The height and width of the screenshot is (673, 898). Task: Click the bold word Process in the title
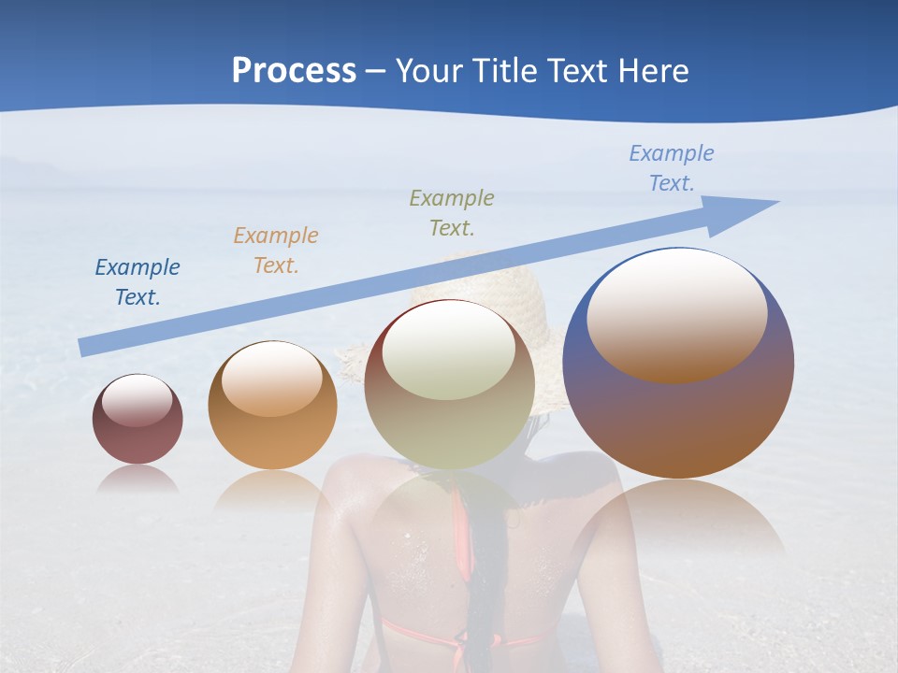pos(294,71)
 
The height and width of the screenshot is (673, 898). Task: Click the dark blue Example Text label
pos(138,282)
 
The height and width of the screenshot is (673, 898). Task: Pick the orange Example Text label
pos(276,250)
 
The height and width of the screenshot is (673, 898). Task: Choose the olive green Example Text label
pos(452,212)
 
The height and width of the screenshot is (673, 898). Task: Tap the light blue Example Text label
pos(672,168)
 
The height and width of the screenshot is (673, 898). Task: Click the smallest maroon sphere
pos(138,435)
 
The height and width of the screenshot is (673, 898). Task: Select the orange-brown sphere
pos(272,439)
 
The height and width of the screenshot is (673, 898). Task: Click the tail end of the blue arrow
pos(86,347)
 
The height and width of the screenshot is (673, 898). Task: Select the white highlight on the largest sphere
pos(676,313)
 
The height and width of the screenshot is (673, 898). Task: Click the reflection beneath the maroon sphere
pos(138,479)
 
